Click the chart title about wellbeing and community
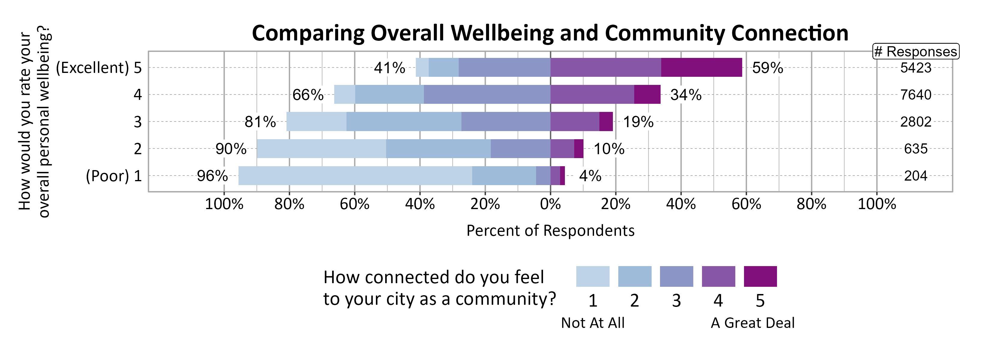click(550, 33)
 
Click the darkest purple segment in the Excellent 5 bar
click(701, 67)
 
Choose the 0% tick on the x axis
click(550, 204)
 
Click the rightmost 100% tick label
click(877, 204)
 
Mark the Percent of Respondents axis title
click(550, 230)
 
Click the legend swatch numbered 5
click(760, 276)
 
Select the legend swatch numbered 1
click(592, 276)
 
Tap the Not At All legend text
click(592, 323)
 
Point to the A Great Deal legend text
click(752, 323)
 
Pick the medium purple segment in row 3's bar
click(574, 121)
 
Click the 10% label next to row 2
click(609, 149)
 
